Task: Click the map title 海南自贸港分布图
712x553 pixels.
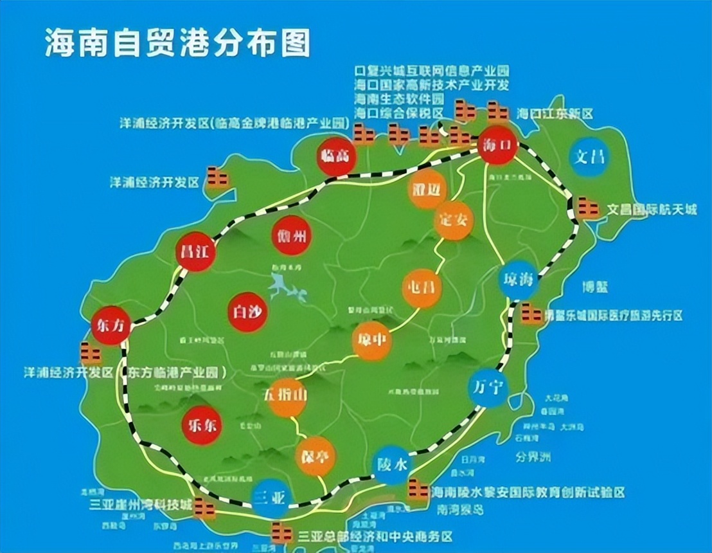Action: pyautogui.click(x=177, y=44)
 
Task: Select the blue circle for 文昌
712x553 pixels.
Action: pyautogui.click(x=589, y=156)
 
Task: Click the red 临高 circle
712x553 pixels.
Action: pyautogui.click(x=336, y=156)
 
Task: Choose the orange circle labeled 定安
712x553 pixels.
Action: pyautogui.click(x=454, y=221)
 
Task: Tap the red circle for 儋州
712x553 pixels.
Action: pyautogui.click(x=292, y=235)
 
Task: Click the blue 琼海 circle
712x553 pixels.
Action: pyautogui.click(x=519, y=280)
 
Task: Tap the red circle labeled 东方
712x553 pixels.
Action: pyautogui.click(x=111, y=325)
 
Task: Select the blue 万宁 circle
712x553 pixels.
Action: pyautogui.click(x=488, y=386)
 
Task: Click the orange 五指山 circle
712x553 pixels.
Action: pyautogui.click(x=287, y=398)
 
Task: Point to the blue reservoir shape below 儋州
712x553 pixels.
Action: pyautogui.click(x=285, y=287)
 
